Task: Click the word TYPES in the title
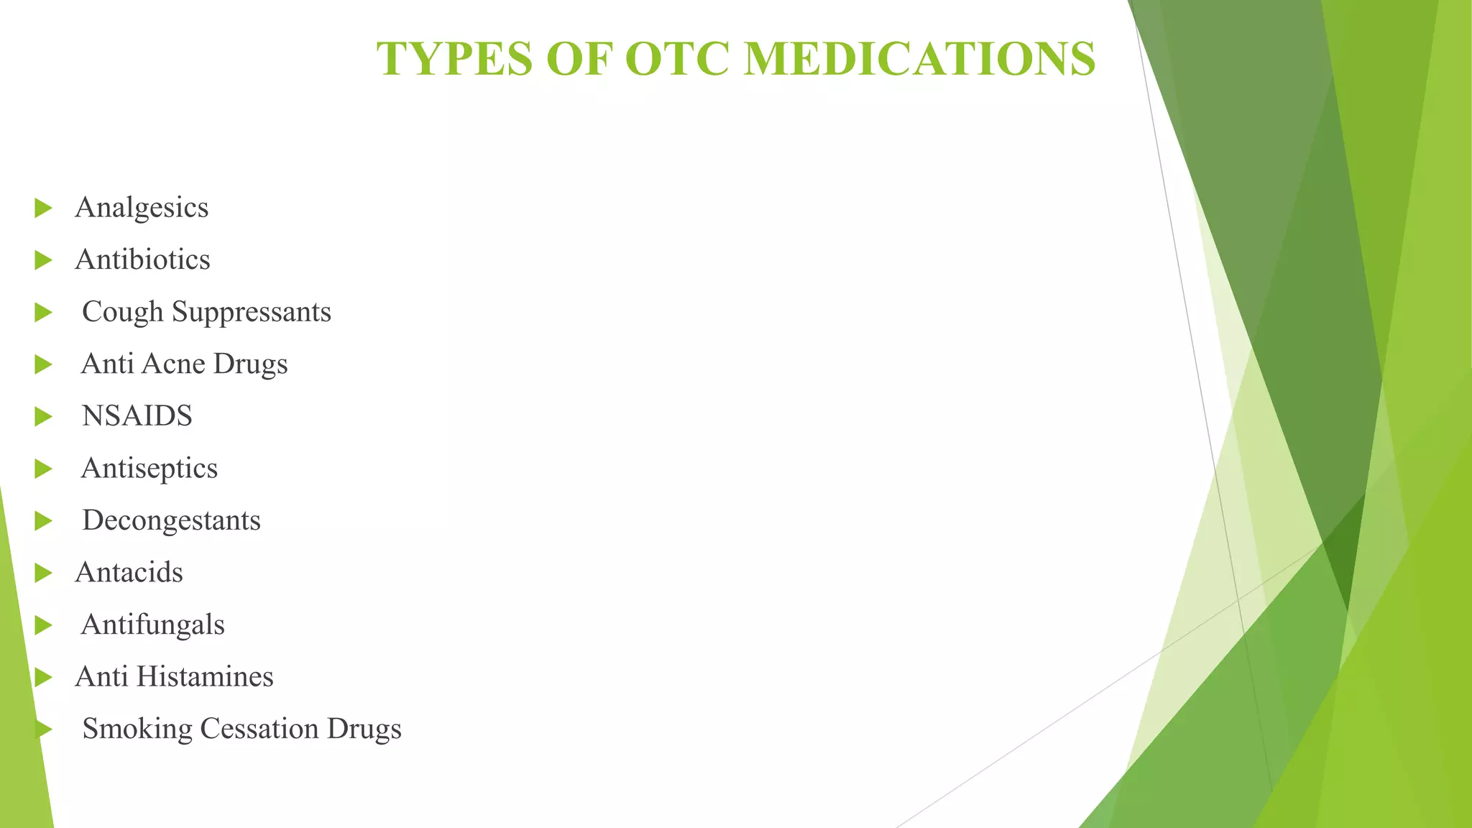(x=455, y=59)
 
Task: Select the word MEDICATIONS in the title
(x=919, y=59)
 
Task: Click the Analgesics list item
(x=142, y=208)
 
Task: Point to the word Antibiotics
(x=142, y=259)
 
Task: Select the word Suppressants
(x=252, y=312)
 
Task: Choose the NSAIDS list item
(x=137, y=416)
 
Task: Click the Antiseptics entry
(x=149, y=468)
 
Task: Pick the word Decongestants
(x=171, y=520)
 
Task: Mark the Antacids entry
(x=129, y=573)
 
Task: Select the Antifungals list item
(x=152, y=625)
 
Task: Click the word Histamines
(x=205, y=676)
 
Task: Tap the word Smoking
(x=137, y=729)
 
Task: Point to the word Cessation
(x=259, y=729)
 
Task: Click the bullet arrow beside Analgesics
(x=43, y=208)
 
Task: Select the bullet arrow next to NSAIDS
(x=43, y=417)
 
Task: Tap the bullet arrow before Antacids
(x=43, y=574)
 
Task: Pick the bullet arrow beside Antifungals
(x=43, y=625)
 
